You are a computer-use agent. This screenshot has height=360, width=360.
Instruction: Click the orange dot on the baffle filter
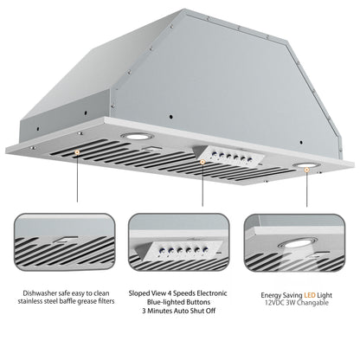click(x=79, y=153)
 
